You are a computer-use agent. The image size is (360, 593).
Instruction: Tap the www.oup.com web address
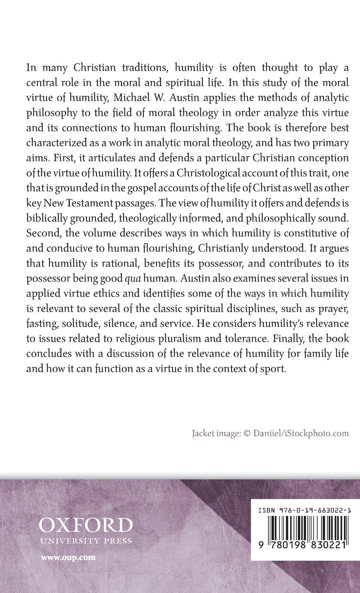click(x=68, y=557)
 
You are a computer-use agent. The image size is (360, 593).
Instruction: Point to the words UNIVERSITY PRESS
click(x=85, y=541)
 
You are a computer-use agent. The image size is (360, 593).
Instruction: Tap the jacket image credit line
click(x=270, y=433)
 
